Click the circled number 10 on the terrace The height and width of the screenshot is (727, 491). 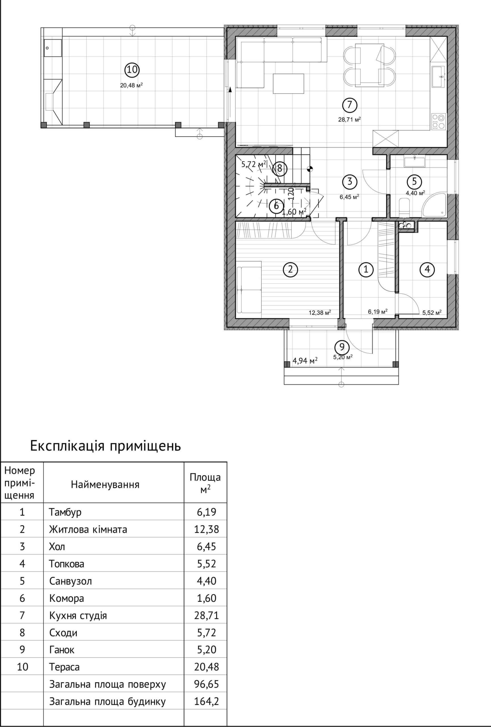tap(132, 69)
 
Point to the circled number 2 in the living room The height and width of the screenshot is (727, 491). tap(290, 269)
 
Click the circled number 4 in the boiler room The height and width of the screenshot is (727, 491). tap(427, 269)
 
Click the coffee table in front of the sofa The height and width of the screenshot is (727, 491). tap(288, 83)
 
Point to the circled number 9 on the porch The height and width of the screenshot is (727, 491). tap(341, 347)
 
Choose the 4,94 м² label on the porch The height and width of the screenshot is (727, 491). tap(305, 361)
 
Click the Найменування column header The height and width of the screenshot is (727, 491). tap(105, 484)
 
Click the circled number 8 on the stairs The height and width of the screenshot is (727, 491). tap(279, 169)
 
